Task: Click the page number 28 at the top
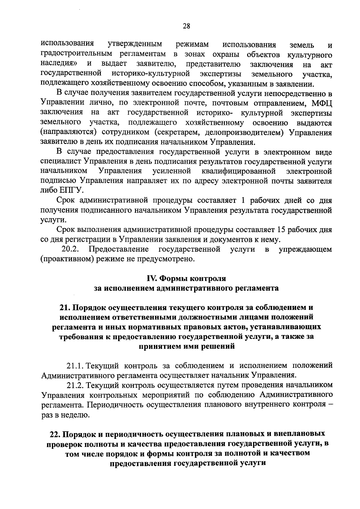(186, 26)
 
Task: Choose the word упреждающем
(305, 249)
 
